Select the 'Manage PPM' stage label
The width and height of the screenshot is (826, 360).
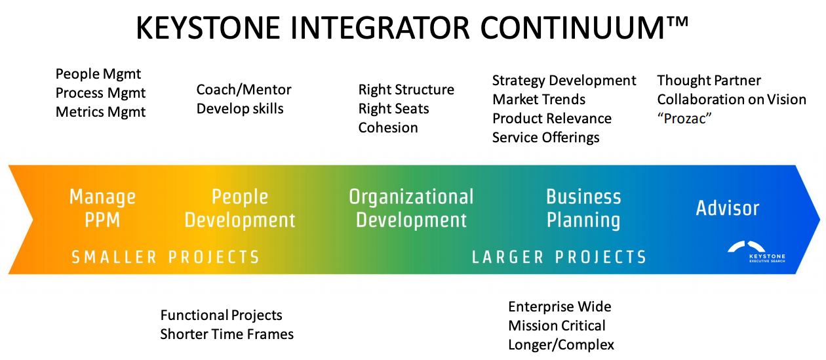point(102,208)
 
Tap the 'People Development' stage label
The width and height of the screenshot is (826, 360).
point(240,208)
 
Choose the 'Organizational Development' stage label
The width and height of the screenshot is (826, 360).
point(411,208)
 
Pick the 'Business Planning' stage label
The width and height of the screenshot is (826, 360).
point(583,208)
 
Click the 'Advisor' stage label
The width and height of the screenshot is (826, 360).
point(727,209)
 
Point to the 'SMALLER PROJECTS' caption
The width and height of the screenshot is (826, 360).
point(165,257)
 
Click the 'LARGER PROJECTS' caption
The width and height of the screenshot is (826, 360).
point(559,257)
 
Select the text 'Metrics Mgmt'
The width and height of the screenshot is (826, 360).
point(100,112)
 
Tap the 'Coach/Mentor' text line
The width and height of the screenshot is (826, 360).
point(244,90)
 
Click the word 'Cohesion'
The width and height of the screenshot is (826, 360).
point(387,128)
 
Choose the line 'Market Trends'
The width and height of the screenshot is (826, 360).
point(539,100)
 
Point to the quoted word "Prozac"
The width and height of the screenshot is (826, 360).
point(684,119)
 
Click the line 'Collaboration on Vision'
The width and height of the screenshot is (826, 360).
point(732,100)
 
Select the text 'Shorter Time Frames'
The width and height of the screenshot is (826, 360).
point(227,334)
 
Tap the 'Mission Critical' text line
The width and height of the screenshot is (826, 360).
point(557,326)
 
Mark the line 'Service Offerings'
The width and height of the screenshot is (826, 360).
point(545,138)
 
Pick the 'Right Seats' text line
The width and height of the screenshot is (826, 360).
point(393,109)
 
